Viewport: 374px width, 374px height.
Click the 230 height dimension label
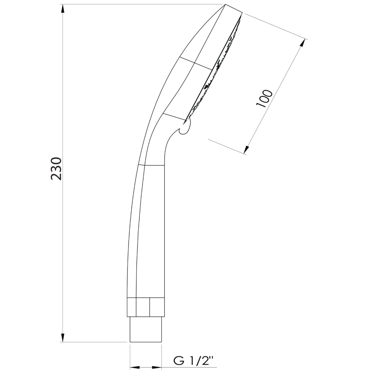(56, 169)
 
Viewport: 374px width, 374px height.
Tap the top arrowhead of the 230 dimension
(62, 9)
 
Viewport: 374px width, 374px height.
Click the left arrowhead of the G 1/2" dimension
(135, 367)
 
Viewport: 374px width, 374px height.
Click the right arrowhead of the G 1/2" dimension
(156, 367)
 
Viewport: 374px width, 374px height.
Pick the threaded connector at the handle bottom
(146, 329)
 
